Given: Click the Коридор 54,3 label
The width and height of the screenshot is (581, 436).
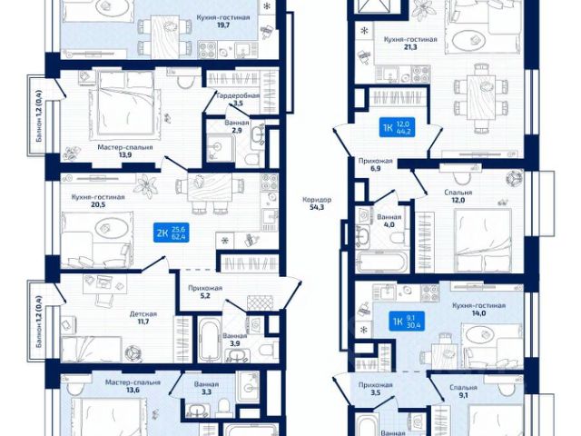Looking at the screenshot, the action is [319, 204].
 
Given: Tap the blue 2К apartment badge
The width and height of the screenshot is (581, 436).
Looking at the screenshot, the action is [171, 235].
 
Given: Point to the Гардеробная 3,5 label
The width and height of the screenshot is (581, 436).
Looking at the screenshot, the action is [238, 100].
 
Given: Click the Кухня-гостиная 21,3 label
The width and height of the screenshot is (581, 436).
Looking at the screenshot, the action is [410, 45].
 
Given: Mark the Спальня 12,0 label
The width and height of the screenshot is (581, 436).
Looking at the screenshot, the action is [459, 197].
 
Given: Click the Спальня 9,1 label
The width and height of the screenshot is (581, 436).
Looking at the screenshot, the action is [464, 391].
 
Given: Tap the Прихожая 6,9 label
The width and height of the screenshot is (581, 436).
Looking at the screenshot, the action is [373, 164].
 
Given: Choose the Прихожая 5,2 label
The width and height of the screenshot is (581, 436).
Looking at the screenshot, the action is [205, 292].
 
